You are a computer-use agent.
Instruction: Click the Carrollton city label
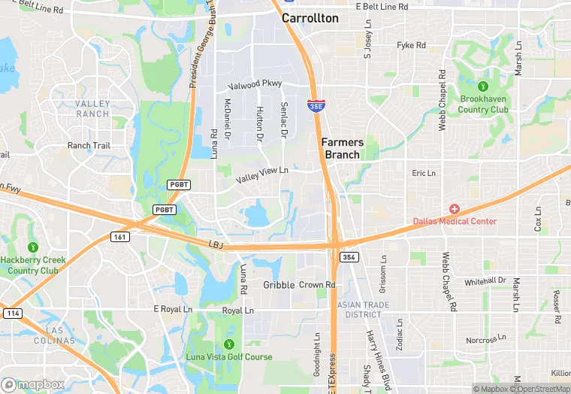310,18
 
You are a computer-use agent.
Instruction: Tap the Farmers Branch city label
343,148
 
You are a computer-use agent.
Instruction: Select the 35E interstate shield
316,108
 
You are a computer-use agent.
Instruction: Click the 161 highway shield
120,236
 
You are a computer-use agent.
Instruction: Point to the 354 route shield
348,257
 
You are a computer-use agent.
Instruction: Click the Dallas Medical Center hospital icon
454,208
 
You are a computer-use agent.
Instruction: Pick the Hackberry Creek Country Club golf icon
32,247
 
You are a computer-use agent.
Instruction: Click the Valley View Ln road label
261,175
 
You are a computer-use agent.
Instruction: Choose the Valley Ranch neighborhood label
92,109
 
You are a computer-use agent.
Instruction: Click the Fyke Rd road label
411,46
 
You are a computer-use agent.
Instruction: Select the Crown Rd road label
316,285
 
